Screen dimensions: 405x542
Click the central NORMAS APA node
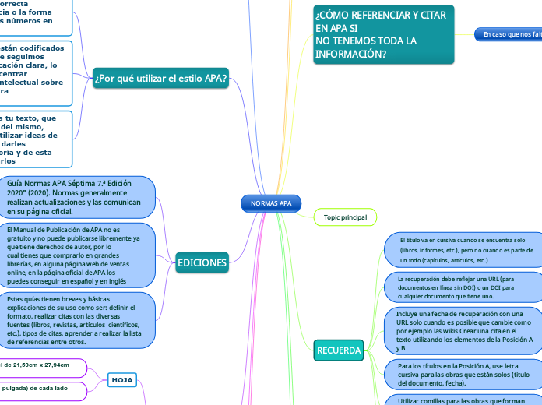click(271, 203)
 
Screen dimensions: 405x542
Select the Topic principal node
click(345, 217)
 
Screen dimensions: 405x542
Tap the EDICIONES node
click(202, 263)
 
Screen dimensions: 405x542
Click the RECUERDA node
click(340, 350)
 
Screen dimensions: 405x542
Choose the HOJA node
click(122, 379)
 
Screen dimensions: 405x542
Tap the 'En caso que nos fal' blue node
click(509, 34)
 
